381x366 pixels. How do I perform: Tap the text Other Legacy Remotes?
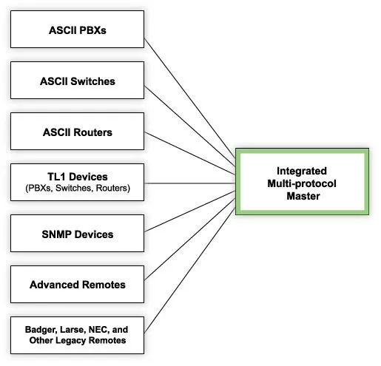point(77,340)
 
